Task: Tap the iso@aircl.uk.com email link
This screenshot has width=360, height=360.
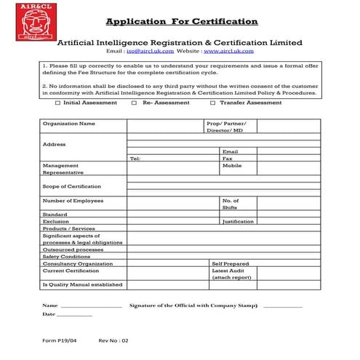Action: (x=150, y=52)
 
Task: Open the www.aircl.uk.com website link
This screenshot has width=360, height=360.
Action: (x=228, y=52)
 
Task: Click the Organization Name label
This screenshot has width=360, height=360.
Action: (x=68, y=124)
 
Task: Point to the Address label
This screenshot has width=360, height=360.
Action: (x=54, y=144)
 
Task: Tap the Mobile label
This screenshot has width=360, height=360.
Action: (x=231, y=166)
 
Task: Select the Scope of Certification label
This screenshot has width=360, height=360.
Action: (x=71, y=186)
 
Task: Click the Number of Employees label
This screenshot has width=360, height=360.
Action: (x=73, y=201)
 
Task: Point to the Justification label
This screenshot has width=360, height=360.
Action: (x=238, y=221)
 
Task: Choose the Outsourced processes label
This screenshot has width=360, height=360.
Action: (x=73, y=249)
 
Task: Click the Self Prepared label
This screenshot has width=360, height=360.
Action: (x=230, y=263)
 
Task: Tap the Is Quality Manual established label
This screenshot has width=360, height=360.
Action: (x=82, y=284)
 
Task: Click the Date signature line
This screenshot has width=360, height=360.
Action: (x=74, y=315)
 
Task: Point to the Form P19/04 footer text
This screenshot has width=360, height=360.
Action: (x=59, y=340)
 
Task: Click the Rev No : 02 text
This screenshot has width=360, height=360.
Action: (x=113, y=340)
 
